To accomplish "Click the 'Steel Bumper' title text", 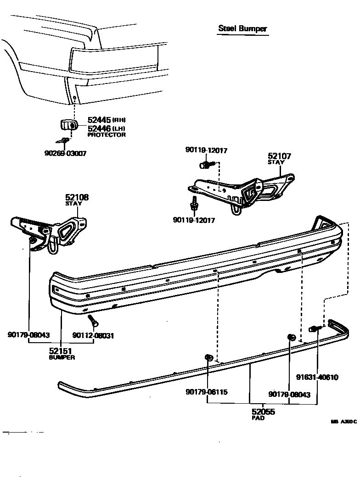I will click(x=242, y=28).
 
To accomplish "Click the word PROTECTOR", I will click(x=107, y=135).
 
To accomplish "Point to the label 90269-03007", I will click(x=62, y=153).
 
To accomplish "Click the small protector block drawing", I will click(x=68, y=124).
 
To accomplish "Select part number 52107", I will click(x=279, y=156).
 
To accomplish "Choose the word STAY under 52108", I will click(x=73, y=203).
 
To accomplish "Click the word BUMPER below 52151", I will click(x=62, y=357).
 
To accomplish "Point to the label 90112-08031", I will click(x=93, y=335).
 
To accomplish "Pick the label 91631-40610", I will click(x=317, y=378).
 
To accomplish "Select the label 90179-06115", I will click(x=207, y=392).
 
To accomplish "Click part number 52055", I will click(x=263, y=412).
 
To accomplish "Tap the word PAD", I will click(x=258, y=418).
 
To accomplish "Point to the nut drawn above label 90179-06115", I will click(x=208, y=358).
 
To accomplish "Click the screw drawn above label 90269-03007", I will click(x=64, y=141).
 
